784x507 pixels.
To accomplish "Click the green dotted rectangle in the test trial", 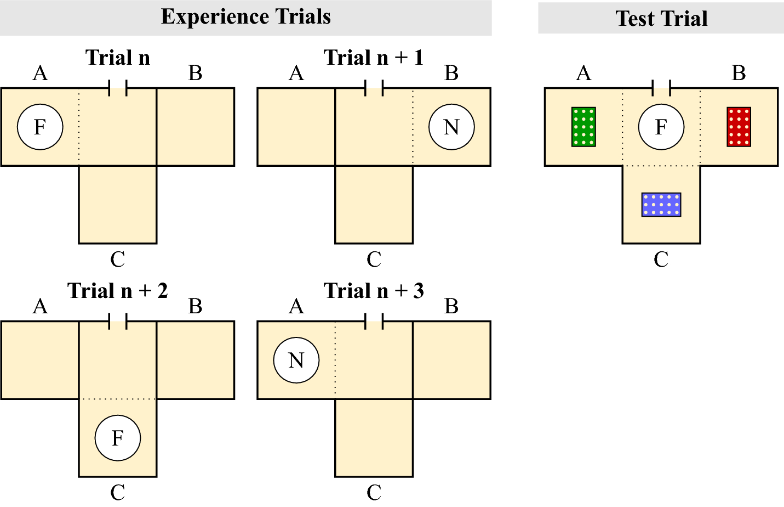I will click(x=583, y=127).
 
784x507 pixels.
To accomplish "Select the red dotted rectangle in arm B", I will click(x=739, y=127).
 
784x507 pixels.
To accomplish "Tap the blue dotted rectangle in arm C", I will click(x=661, y=204).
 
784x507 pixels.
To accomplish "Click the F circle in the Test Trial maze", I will click(x=661, y=127).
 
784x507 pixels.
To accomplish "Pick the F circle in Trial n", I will click(x=40, y=127).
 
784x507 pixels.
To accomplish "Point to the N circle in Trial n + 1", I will click(x=451, y=127).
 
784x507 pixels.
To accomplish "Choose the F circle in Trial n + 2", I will click(x=118, y=438).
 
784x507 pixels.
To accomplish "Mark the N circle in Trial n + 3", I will click(x=296, y=360).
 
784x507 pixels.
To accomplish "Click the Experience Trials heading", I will click(x=245, y=17).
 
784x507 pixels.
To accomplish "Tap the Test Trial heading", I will click(x=661, y=18).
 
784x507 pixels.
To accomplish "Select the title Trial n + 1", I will click(x=374, y=58).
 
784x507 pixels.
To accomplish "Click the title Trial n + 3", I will click(x=374, y=291).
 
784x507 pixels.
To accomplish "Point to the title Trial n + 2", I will click(x=118, y=291).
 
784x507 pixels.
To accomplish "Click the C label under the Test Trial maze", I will click(x=661, y=259).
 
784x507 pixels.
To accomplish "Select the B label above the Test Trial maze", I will click(x=739, y=73).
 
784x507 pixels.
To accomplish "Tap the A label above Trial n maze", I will click(x=40, y=73).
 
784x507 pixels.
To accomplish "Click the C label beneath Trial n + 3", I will click(x=374, y=492).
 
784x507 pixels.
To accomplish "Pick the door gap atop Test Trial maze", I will click(x=661, y=88).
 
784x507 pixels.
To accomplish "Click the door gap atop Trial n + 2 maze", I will click(x=118, y=321).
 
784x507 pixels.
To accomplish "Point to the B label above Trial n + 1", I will click(x=451, y=73).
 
